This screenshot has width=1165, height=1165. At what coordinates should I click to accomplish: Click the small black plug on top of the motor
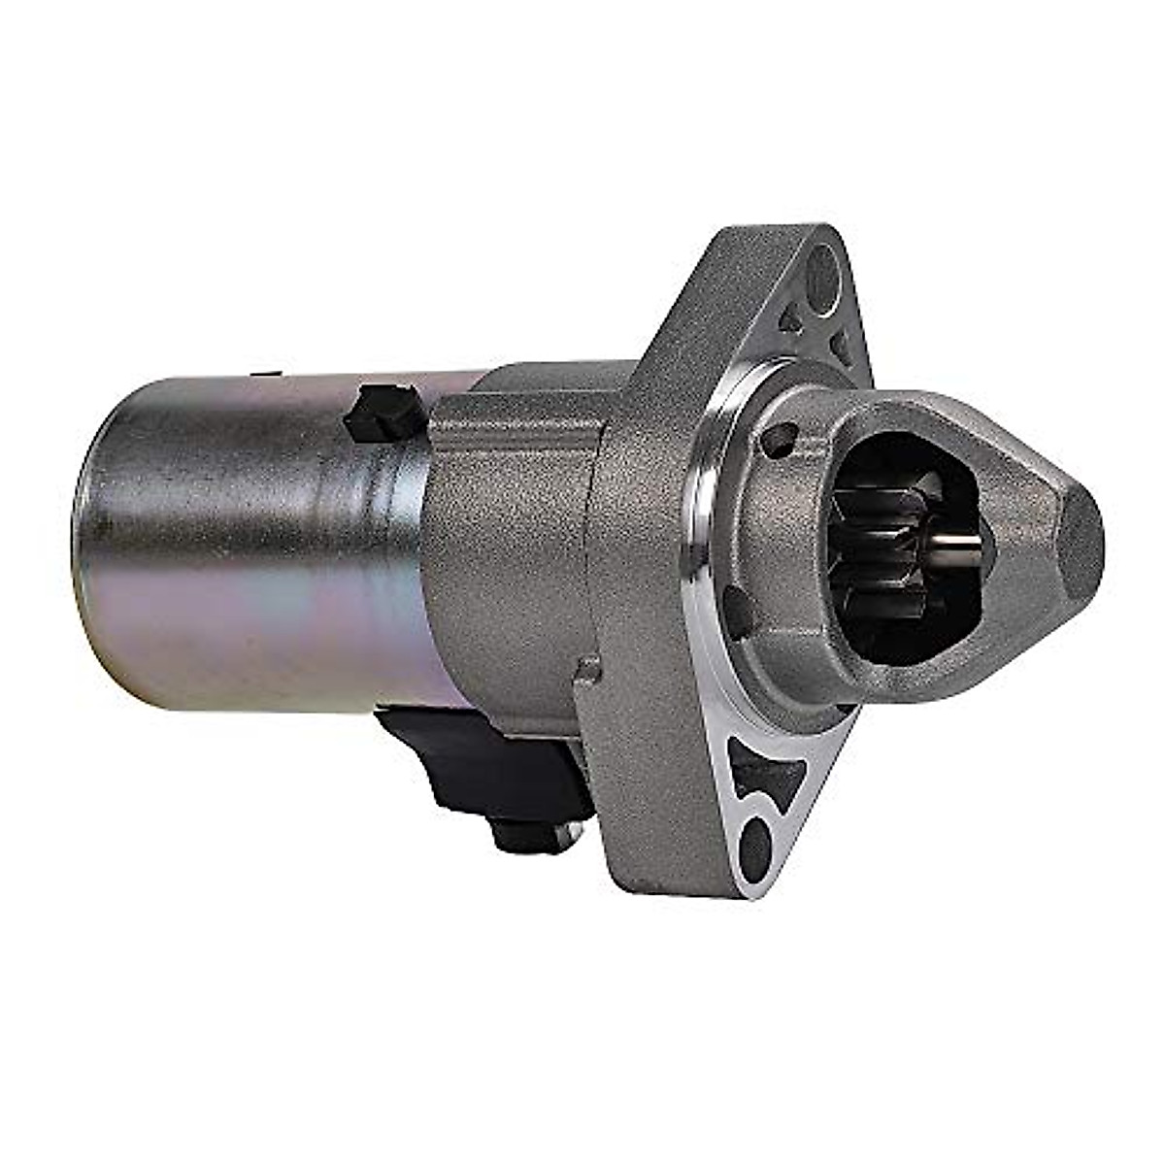[x=383, y=412]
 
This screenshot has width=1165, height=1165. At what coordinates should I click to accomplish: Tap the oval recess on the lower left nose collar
[x=738, y=612]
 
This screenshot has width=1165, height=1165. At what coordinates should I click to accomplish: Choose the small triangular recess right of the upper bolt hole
[x=841, y=345]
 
